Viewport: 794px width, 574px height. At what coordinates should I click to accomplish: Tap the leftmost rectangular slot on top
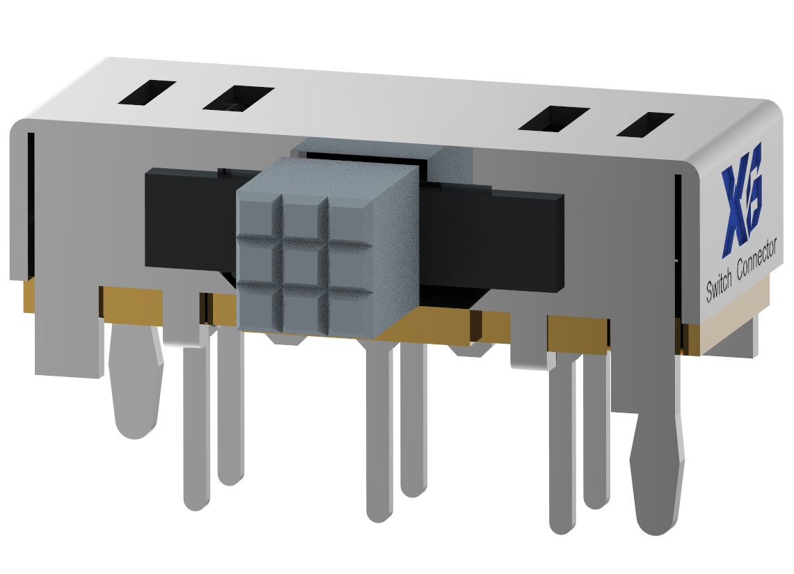click(x=146, y=93)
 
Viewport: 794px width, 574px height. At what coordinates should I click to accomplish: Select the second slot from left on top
click(x=238, y=98)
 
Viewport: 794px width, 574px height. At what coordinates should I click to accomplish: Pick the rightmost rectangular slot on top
click(x=645, y=125)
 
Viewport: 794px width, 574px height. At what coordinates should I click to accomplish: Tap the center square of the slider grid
click(x=302, y=264)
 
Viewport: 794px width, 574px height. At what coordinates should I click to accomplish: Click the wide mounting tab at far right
click(x=656, y=473)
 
